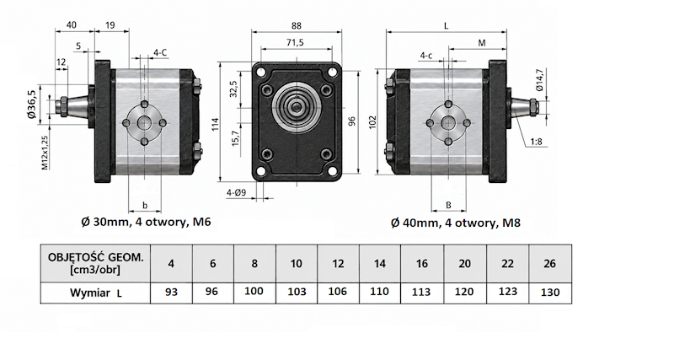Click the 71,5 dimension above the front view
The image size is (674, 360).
(296, 42)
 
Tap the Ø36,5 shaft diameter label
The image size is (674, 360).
(31, 105)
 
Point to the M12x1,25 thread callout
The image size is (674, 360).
(45, 152)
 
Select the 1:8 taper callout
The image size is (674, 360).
(537, 141)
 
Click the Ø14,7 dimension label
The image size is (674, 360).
(540, 80)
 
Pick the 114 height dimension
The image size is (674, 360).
(216, 124)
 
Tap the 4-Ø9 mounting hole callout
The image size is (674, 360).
(237, 193)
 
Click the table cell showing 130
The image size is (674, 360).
(550, 293)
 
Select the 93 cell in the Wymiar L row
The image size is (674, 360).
(171, 293)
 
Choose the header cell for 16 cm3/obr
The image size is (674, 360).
(422, 263)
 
